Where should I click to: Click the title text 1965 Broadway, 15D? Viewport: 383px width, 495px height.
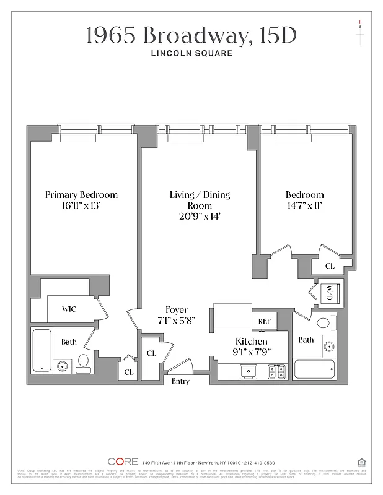pyautogui.click(x=191, y=35)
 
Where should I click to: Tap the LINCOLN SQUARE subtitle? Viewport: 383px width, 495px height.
pyautogui.click(x=191, y=53)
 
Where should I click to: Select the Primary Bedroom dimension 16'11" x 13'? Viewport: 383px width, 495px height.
pyautogui.click(x=81, y=206)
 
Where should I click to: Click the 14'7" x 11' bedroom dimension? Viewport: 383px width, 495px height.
pyautogui.click(x=304, y=206)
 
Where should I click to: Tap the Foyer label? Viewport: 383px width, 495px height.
pyautogui.click(x=177, y=310)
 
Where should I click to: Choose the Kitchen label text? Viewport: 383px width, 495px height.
pyautogui.click(x=252, y=342)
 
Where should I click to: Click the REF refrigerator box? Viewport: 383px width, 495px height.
pyautogui.click(x=264, y=322)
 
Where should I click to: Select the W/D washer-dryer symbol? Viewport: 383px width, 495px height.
pyautogui.click(x=326, y=293)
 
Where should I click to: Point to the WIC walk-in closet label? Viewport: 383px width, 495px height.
pyautogui.click(x=69, y=309)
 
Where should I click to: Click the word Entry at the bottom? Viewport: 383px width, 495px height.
pyautogui.click(x=180, y=381)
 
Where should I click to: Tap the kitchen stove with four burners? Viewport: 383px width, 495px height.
pyautogui.click(x=276, y=371)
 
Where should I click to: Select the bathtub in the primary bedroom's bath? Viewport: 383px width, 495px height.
pyautogui.click(x=42, y=351)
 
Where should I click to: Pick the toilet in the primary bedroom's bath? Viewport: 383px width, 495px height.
pyautogui.click(x=84, y=364)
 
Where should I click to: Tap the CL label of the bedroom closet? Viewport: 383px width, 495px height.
pyautogui.click(x=330, y=265)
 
